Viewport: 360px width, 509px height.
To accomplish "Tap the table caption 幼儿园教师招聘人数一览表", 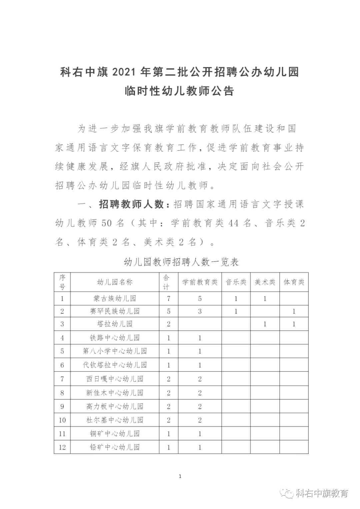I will coord(181,262).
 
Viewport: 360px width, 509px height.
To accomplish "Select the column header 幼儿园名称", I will coord(115,282).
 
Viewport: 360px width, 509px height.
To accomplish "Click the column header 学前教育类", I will coord(200,282).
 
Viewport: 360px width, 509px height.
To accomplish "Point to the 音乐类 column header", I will coord(236,282).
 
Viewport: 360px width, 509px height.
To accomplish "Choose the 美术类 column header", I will coord(265,282).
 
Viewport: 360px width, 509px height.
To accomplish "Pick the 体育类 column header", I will coord(294,282).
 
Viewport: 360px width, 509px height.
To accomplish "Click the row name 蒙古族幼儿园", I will coord(115,299).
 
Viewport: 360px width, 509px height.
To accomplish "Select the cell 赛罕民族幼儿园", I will coord(115,311).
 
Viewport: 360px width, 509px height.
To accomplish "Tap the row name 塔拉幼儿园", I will coord(115,324).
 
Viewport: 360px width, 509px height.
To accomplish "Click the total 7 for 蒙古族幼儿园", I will coord(169,299).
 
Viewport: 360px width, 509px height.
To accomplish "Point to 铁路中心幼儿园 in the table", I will coord(115,338).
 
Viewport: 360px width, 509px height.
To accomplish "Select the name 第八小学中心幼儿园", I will coord(115,351).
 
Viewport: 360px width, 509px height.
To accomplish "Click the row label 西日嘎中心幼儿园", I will coord(115,379).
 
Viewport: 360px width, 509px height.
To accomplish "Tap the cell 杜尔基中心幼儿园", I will coord(115,420).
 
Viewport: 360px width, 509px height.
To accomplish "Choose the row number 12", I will coord(62,447).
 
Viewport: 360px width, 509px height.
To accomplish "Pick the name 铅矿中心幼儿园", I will coord(115,447).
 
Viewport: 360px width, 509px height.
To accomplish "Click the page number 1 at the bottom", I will coord(180,476).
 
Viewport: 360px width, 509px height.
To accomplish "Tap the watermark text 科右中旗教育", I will coord(322,493).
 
